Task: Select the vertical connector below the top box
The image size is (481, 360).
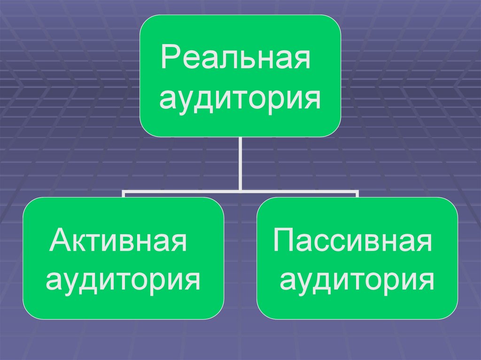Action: [240, 162]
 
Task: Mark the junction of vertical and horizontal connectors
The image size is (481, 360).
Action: [240, 191]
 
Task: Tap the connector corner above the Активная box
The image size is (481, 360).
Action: [124, 192]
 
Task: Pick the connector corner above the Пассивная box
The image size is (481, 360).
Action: [357, 192]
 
